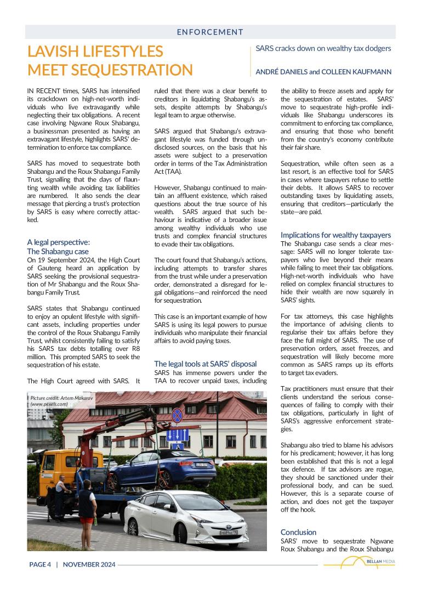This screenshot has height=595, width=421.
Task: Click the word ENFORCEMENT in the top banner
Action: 210,32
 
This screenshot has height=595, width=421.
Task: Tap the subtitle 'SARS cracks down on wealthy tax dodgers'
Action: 323,48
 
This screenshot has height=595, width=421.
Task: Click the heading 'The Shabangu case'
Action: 58,251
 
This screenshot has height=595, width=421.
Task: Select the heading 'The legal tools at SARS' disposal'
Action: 204,364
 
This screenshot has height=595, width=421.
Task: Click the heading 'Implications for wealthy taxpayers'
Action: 335,235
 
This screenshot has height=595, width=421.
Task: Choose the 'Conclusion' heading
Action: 298,532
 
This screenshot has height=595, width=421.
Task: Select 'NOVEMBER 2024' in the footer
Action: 89,564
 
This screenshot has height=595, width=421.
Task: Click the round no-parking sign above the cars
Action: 177,415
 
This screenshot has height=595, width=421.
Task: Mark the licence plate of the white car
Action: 227,532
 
